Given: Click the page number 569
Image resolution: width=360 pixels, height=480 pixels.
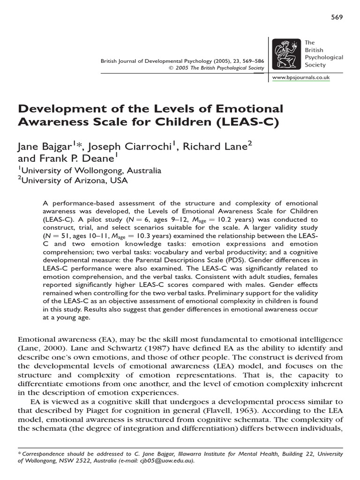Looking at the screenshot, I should click(337, 17).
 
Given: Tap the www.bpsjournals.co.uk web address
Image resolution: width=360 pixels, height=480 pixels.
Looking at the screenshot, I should click(301, 77).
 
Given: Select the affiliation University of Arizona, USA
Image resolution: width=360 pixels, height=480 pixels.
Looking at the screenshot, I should click(75, 180).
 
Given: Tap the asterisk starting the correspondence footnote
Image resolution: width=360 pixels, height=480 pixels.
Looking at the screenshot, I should click(19, 453).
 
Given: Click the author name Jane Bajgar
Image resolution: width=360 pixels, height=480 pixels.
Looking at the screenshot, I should click(45, 147).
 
